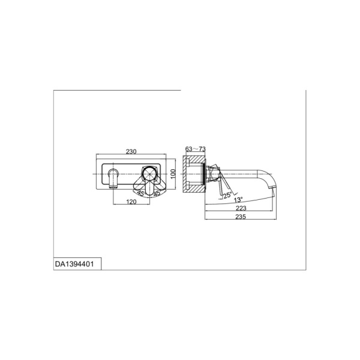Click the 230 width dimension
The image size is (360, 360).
click(131, 152)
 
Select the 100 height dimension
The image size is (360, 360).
click(173, 173)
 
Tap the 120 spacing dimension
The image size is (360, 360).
click(131, 202)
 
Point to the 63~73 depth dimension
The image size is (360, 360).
click(196, 149)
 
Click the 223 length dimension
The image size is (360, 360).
click(241, 208)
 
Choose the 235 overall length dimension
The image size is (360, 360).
click(241, 217)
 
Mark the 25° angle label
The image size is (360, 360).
click(228, 196)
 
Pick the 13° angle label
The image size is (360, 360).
click(238, 200)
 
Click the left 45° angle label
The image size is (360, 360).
click(141, 193)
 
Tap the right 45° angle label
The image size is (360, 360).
click(157, 193)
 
